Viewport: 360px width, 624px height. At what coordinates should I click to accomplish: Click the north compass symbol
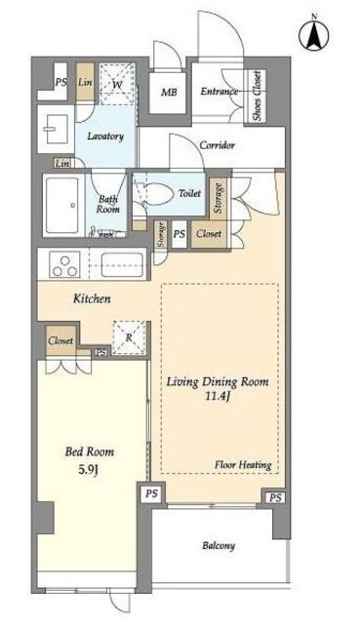click(314, 34)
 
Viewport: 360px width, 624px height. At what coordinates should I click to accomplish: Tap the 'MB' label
click(169, 93)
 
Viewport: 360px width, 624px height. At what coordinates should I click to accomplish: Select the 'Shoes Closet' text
click(258, 96)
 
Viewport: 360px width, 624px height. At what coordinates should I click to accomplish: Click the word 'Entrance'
click(219, 91)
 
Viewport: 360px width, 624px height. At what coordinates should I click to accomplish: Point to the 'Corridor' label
click(217, 145)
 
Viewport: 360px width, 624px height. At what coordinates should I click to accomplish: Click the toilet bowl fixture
click(158, 194)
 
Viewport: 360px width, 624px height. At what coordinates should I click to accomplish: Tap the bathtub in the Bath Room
click(61, 206)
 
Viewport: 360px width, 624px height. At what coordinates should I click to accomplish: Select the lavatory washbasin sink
click(56, 129)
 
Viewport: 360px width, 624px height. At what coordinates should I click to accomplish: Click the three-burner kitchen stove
click(64, 264)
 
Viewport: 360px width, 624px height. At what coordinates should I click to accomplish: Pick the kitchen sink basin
click(122, 264)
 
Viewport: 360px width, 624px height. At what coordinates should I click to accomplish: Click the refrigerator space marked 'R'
click(129, 337)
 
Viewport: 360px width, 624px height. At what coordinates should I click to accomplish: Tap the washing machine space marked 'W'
click(117, 84)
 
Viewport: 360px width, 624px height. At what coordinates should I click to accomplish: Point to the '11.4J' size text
click(217, 397)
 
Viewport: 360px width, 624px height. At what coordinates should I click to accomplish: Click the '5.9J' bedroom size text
click(89, 470)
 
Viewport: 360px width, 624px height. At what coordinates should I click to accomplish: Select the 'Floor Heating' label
click(243, 464)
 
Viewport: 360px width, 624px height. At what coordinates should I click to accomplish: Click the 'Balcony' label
click(219, 546)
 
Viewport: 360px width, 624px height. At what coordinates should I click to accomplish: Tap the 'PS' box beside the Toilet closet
click(180, 234)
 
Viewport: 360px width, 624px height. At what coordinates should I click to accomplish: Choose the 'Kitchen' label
click(92, 298)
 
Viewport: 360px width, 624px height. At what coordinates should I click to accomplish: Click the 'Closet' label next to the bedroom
click(60, 340)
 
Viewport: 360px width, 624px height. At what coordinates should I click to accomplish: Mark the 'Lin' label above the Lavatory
click(85, 82)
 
